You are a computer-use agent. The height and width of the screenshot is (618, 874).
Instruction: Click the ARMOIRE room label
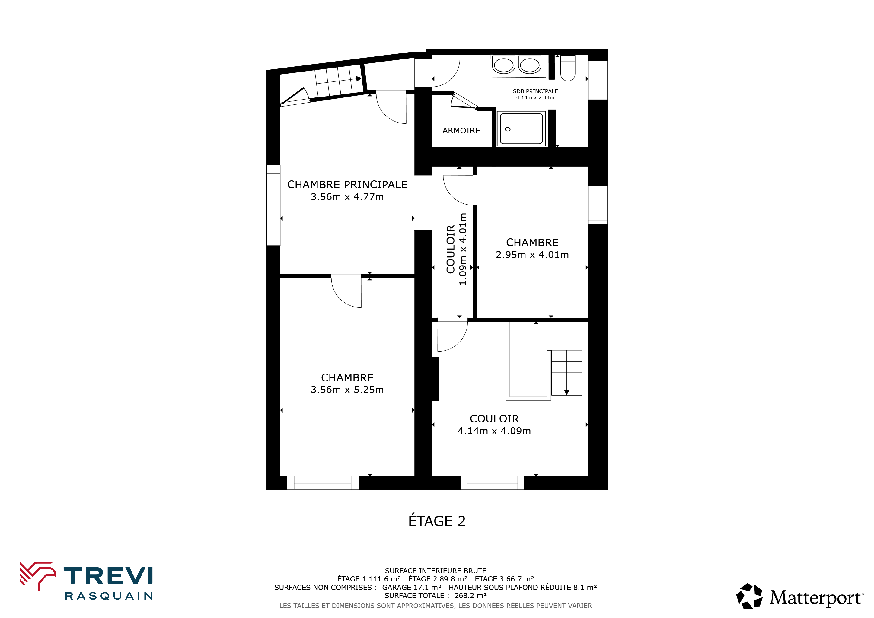pyautogui.click(x=461, y=131)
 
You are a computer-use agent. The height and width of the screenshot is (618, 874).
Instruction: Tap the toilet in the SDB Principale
pyautogui.click(x=568, y=68)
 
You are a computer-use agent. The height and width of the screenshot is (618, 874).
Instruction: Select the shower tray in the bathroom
pyautogui.click(x=521, y=129)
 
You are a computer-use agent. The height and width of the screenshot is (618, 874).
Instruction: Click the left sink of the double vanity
pyautogui.click(x=504, y=65)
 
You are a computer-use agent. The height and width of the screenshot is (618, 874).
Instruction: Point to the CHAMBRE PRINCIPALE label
pyautogui.click(x=347, y=185)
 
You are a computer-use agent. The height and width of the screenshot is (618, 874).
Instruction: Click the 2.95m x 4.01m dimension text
pyautogui.click(x=532, y=255)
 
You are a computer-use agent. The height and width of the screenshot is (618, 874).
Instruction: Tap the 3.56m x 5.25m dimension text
pyautogui.click(x=347, y=389)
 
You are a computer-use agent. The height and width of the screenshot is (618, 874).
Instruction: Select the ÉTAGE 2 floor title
pyautogui.click(x=437, y=521)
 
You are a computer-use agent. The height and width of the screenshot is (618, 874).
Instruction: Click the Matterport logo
pyautogui.click(x=800, y=596)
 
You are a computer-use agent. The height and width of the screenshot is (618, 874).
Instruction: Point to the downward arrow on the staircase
pyautogui.click(x=566, y=392)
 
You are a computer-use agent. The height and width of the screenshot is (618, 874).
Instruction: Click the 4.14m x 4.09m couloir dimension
pyautogui.click(x=494, y=431)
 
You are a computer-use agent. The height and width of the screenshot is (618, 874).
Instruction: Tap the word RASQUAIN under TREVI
pyautogui.click(x=109, y=596)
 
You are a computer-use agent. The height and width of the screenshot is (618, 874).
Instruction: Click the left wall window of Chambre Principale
pyautogui.click(x=273, y=205)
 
